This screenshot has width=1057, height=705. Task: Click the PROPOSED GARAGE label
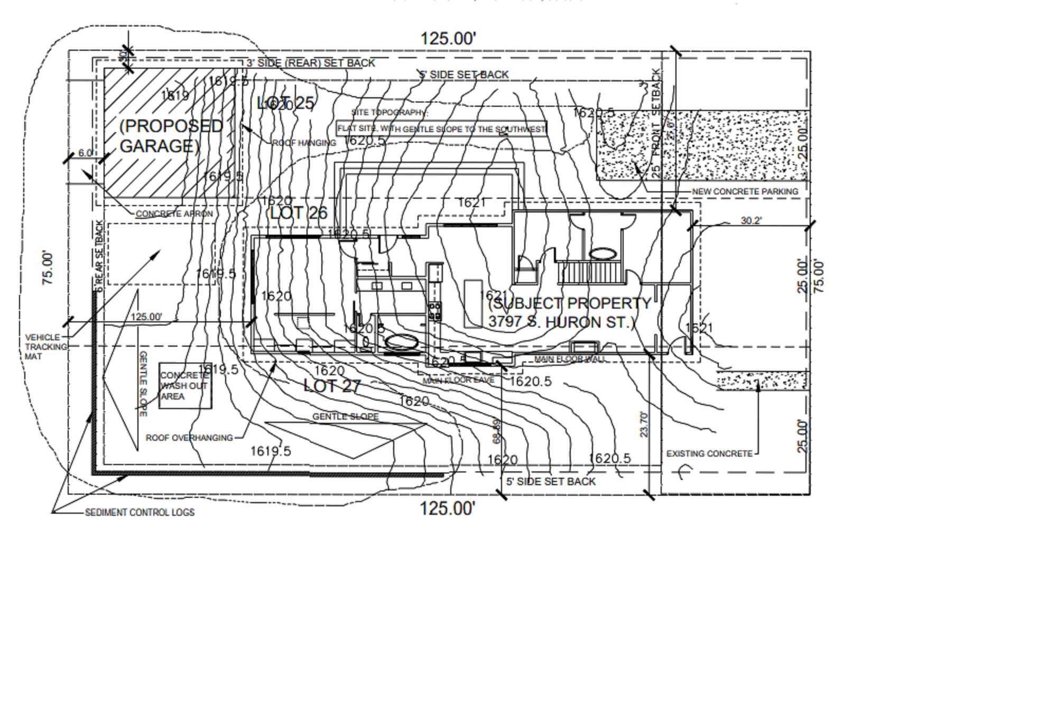[x=170, y=135]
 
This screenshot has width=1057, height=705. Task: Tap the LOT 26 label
[x=299, y=213]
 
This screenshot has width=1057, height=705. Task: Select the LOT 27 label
[x=332, y=386]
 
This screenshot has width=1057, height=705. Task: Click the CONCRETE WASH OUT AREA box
[x=185, y=386]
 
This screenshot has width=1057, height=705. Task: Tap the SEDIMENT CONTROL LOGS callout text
[x=140, y=512]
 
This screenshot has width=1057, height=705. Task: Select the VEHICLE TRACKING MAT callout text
[x=46, y=347]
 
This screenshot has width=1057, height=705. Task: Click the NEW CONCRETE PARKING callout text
[x=745, y=191]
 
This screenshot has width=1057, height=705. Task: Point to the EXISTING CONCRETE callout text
[x=709, y=453]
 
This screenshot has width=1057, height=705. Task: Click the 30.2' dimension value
[x=751, y=220]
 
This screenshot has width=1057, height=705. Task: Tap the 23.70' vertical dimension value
[x=644, y=424]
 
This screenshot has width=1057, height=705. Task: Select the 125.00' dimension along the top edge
[x=448, y=39]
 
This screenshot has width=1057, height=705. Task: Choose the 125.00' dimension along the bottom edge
[x=447, y=508]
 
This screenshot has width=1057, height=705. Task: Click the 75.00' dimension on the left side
[x=48, y=268]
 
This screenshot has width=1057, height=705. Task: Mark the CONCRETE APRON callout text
[x=174, y=214]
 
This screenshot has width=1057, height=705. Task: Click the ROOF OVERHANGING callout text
[x=189, y=438]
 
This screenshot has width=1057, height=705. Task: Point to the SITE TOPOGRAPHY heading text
[x=389, y=113]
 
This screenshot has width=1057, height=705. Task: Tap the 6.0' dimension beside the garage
[x=86, y=153]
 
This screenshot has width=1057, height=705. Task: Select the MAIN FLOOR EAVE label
[x=458, y=381]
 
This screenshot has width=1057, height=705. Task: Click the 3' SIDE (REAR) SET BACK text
[x=311, y=63]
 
